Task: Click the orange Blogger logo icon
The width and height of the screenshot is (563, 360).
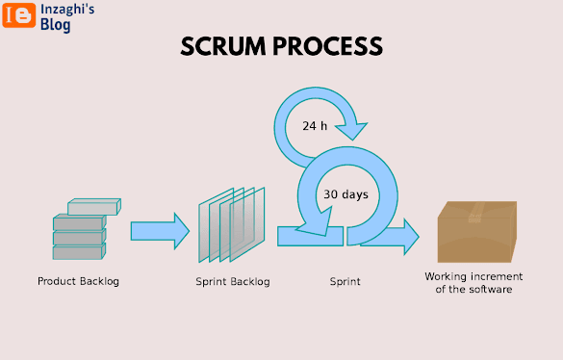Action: coord(19,15)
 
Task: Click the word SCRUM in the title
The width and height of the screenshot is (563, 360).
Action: coord(223,47)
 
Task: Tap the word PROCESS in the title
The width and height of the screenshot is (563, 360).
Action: coord(328,47)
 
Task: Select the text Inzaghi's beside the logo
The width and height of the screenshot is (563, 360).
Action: coord(67,10)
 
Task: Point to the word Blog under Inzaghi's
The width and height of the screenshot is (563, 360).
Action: coord(55,25)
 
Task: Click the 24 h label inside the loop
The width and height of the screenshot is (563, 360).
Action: coord(315,126)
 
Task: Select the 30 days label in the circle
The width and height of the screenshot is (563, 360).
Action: coord(345,194)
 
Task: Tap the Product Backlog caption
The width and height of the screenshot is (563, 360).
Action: coord(78,281)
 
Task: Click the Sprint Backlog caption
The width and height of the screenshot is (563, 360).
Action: coord(233,282)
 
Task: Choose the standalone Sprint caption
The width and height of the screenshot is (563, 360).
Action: coord(345,282)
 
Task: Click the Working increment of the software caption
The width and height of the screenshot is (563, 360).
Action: coord(473,283)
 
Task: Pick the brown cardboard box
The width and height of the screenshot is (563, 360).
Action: coord(477,232)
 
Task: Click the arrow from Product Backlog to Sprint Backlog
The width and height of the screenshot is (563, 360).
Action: coord(160,231)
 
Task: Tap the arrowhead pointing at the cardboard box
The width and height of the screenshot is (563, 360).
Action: coord(410,237)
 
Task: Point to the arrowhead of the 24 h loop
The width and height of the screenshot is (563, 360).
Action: coord(351,131)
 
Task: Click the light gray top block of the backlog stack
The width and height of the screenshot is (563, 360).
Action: coord(94,207)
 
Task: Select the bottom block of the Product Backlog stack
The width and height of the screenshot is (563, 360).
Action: coord(79,251)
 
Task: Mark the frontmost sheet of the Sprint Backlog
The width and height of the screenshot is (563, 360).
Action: coord(247,224)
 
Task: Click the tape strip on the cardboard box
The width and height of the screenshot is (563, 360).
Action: coord(475,212)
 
